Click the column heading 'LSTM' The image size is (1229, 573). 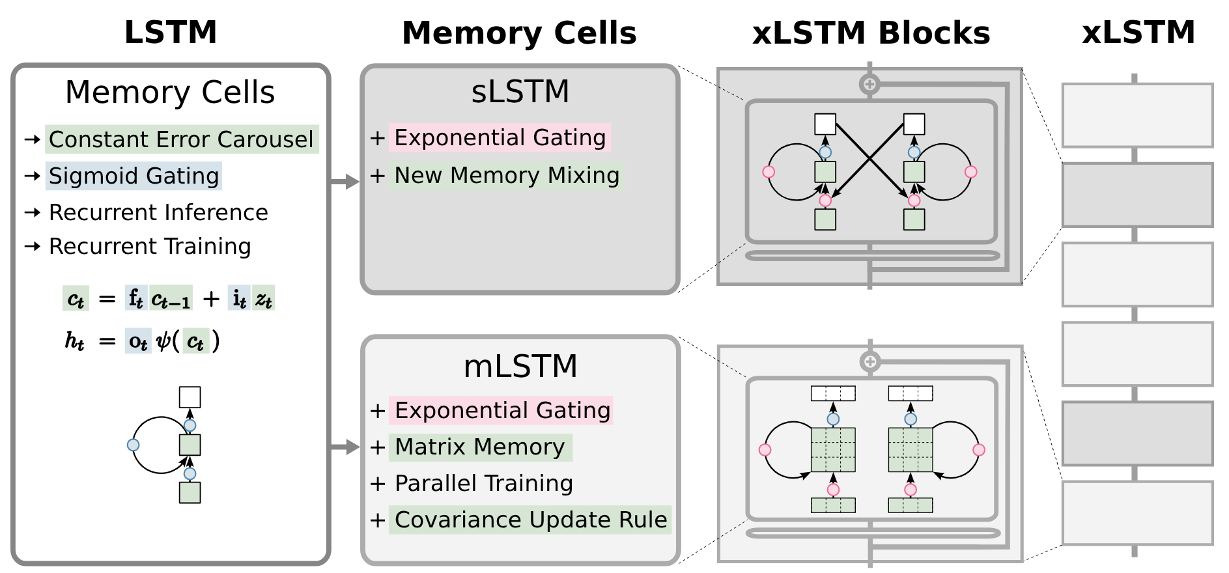tap(171, 32)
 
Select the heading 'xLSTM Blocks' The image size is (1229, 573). tap(871, 33)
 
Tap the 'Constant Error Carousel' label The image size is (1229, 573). tap(181, 139)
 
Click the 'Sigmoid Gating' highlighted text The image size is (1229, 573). tap(134, 176)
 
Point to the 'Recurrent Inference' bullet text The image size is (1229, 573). tap(158, 212)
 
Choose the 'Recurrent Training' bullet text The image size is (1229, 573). tap(150, 246)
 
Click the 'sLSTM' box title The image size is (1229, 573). tap(520, 91)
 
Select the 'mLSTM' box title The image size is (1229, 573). tap(520, 366)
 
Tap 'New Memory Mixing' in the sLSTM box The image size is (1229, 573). tap(507, 175)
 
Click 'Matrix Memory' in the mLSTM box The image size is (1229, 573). tap(479, 447)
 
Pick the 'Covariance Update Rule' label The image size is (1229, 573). tap(531, 520)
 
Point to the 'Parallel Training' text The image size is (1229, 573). tap(484, 483)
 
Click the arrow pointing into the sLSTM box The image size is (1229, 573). tap(345, 182)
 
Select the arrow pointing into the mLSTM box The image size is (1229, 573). tap(345, 447)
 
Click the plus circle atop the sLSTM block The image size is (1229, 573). tap(869, 84)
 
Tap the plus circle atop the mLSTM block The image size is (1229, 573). tap(870, 361)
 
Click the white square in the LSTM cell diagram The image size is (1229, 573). tap(190, 397)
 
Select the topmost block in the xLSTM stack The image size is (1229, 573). tap(1137, 115)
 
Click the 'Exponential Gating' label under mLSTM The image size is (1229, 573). tap(502, 410)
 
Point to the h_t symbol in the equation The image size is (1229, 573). tap(74, 341)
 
